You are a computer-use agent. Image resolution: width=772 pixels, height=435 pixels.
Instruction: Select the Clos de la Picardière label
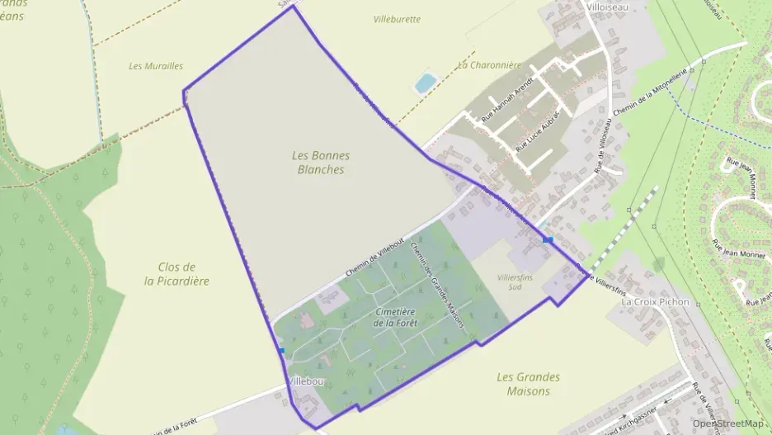pyautogui.click(x=177, y=273)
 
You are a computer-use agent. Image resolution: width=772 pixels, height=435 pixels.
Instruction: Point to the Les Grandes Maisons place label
pyautogui.click(x=529, y=384)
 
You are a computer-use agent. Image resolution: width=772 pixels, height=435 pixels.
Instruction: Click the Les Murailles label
pyautogui.click(x=156, y=66)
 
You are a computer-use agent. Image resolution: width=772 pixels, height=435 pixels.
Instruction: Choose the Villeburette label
pyautogui.click(x=397, y=19)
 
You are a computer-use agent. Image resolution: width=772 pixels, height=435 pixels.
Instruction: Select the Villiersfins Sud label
pyautogui.click(x=516, y=282)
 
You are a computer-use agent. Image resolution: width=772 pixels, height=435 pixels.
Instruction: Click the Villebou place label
pyautogui.click(x=306, y=381)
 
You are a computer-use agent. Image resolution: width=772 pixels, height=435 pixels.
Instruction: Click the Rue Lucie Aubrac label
pyautogui.click(x=538, y=130)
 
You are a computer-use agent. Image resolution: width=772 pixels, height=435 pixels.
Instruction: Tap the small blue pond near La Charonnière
pyautogui.click(x=426, y=83)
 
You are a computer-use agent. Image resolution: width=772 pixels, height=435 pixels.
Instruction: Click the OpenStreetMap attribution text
pyautogui.click(x=727, y=423)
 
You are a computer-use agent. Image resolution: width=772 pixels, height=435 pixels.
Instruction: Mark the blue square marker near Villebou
pyautogui.click(x=281, y=351)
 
